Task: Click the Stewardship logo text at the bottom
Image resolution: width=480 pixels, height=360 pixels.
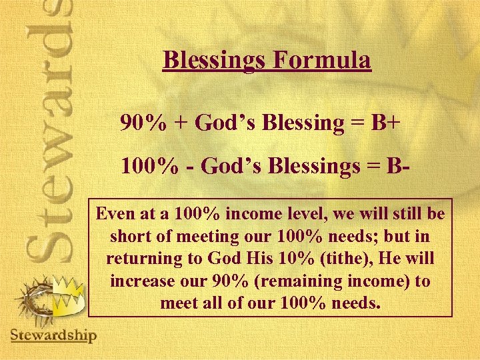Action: [x=53, y=334]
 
